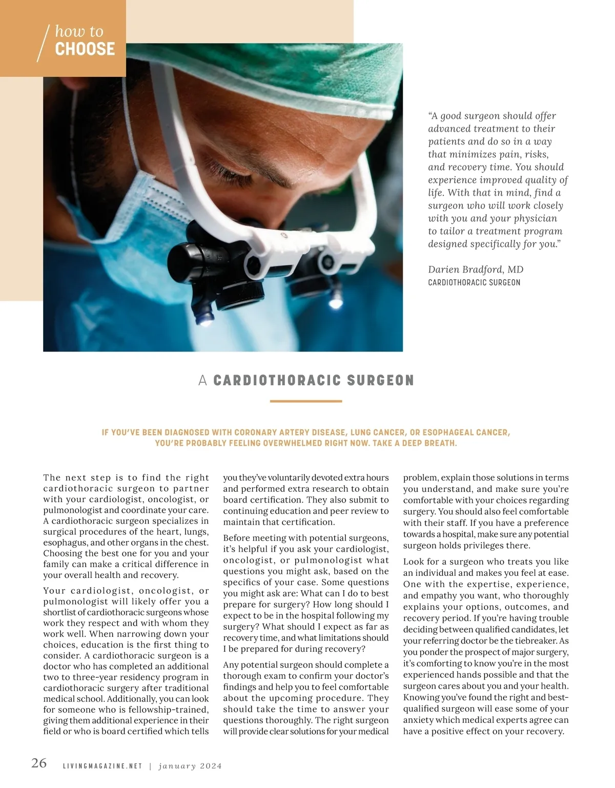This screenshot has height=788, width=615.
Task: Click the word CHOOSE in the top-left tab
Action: click(85, 49)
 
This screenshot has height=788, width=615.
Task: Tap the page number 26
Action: click(39, 763)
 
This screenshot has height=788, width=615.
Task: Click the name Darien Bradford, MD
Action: click(475, 269)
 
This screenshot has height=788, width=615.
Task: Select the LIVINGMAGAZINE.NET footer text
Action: click(102, 766)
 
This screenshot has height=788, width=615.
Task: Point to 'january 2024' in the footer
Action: click(190, 766)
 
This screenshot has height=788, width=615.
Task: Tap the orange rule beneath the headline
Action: click(305, 401)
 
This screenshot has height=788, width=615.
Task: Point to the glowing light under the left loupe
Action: click(204, 322)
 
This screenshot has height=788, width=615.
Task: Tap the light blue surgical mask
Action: click(102, 215)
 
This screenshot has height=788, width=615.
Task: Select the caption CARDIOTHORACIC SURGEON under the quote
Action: click(474, 283)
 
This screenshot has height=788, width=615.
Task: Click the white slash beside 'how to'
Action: click(44, 43)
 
